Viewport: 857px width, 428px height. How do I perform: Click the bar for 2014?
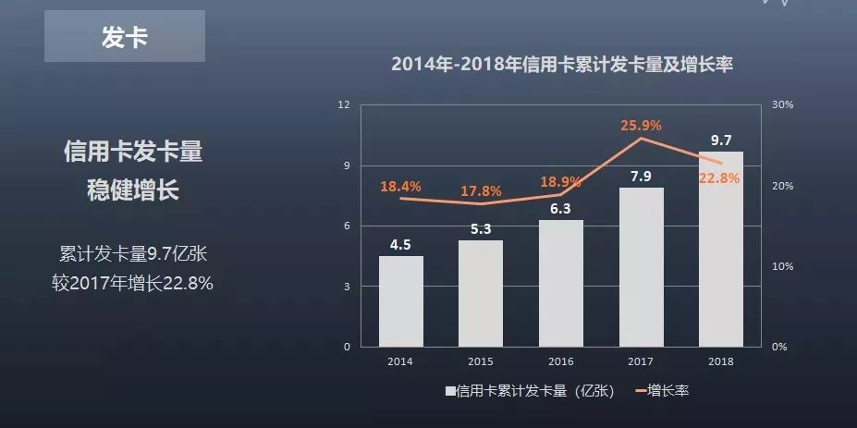tap(401, 301)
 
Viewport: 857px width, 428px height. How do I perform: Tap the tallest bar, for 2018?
tap(721, 249)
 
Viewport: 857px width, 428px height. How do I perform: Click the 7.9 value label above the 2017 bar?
tap(642, 176)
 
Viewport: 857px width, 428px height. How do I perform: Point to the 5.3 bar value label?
tap(481, 228)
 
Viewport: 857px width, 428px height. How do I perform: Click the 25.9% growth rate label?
tap(642, 125)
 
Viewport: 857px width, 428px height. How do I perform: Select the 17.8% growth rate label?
tap(481, 191)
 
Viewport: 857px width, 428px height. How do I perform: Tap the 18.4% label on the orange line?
tap(400, 187)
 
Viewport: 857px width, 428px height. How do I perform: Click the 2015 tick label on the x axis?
tap(481, 361)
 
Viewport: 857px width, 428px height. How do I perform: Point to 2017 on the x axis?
tap(642, 361)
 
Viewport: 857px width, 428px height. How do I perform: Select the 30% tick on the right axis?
tap(782, 105)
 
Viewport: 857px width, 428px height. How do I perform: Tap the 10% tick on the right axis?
tap(782, 266)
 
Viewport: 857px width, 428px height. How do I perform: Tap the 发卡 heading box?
tap(125, 38)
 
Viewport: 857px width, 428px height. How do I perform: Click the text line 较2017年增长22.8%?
tap(133, 283)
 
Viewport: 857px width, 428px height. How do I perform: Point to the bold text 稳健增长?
tap(133, 190)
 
